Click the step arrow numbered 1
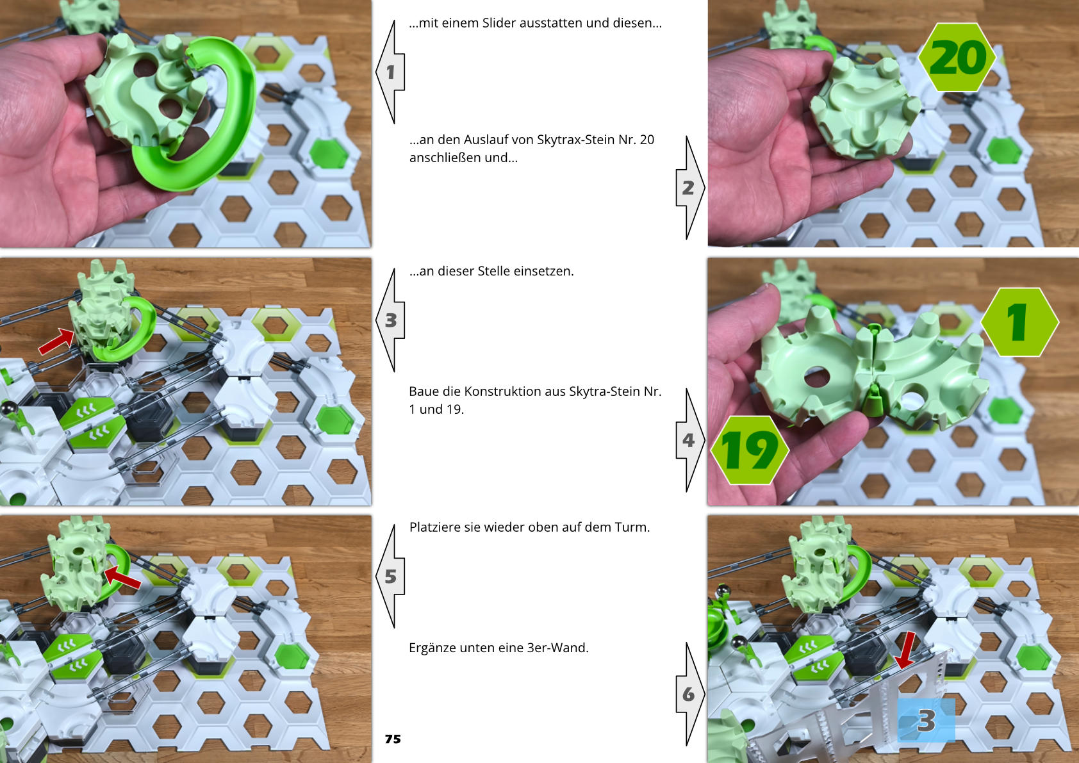[x=390, y=72]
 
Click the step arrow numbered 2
[x=690, y=187]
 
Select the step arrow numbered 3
[x=390, y=320]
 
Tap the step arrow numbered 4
[x=690, y=439]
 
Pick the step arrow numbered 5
[x=390, y=576]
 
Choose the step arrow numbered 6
[x=690, y=694]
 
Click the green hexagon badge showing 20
[x=957, y=57]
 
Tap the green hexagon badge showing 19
[x=749, y=450]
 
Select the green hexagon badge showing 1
[x=1019, y=322]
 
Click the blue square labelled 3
[x=926, y=720]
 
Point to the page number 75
[x=393, y=739]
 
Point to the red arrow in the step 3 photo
[x=56, y=341]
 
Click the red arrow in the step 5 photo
[x=122, y=577]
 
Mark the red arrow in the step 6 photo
[x=905, y=650]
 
